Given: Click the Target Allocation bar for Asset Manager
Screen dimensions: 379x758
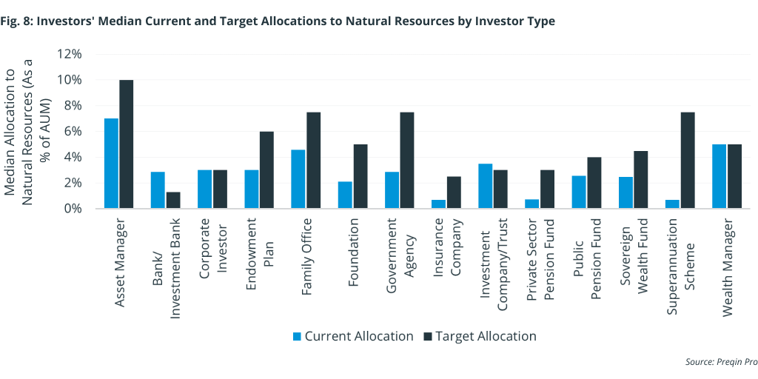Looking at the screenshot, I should [127, 144].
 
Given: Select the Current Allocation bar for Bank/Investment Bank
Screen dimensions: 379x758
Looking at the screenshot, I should [158, 190].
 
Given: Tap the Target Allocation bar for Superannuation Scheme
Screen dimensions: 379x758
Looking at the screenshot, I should [688, 161].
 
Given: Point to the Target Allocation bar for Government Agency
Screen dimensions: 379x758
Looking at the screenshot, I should [406, 161].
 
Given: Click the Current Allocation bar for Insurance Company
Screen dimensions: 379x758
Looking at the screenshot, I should [439, 204].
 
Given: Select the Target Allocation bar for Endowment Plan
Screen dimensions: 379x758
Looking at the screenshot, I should [266, 170].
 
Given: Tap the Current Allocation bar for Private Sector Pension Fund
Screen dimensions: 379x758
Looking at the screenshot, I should [532, 204].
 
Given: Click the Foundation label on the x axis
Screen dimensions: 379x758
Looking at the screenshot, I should [353, 247].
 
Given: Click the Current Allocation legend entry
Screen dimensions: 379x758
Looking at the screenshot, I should [353, 336].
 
